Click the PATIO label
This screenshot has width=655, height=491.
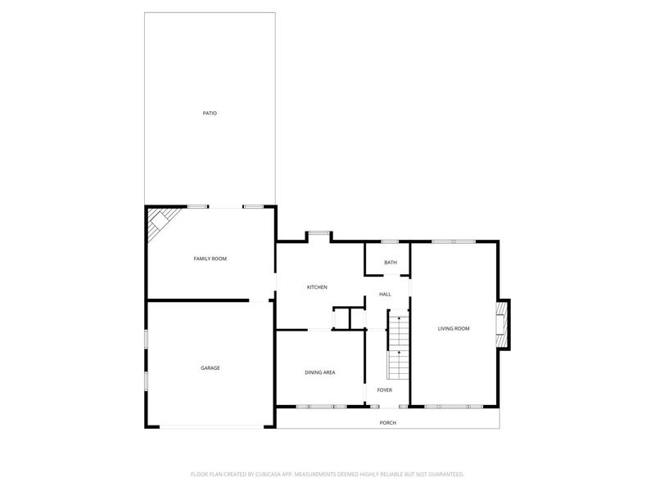point(210,113)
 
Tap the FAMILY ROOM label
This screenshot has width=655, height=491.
point(210,259)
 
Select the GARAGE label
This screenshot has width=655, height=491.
point(210,368)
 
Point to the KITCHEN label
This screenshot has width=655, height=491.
point(317,287)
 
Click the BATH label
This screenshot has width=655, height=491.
point(391,263)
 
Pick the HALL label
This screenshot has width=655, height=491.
point(385,294)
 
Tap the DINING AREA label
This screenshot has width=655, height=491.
point(320,372)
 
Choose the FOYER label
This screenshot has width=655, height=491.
point(385,390)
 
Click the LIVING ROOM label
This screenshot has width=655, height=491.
point(454,329)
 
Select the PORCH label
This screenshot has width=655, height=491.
point(388,423)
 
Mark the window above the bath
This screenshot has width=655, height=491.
point(390,241)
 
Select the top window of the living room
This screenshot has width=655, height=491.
point(453,241)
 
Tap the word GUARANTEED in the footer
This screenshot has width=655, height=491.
point(443,474)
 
